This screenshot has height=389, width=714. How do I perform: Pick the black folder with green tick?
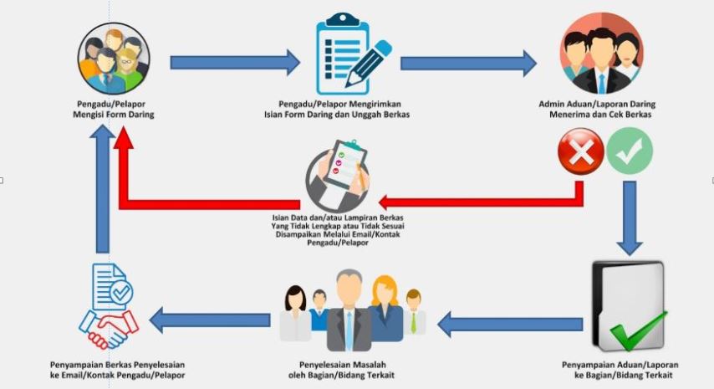pyautogui.click(x=628, y=306)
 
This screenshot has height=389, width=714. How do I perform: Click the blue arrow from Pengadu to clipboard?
pyautogui.click(x=235, y=62)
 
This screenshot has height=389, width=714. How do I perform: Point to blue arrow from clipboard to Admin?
pyautogui.click(x=469, y=62)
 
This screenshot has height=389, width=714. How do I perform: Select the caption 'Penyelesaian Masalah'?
pyautogui.click(x=346, y=366)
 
